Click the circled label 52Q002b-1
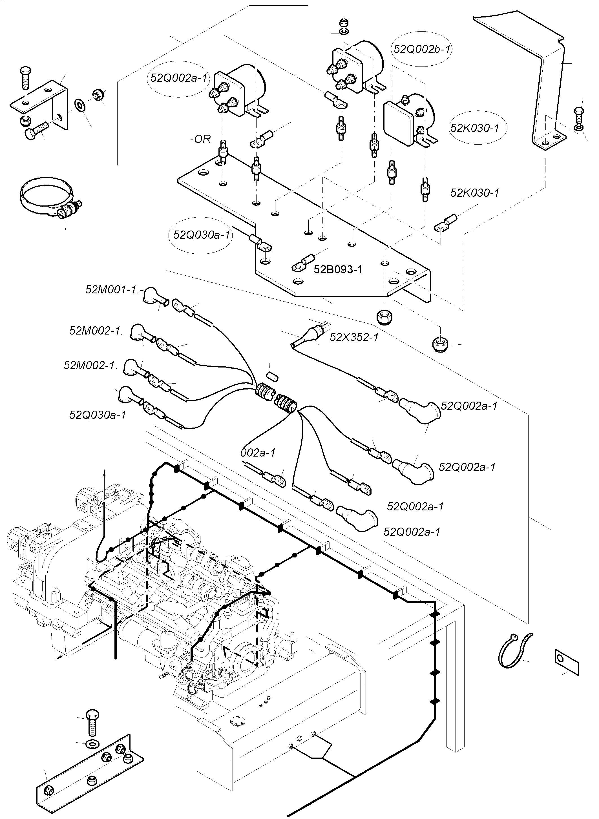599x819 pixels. tap(421, 49)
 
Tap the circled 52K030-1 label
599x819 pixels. tap(475, 128)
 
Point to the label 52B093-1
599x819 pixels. tap(338, 269)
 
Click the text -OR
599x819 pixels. tap(200, 139)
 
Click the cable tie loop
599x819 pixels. tap(514, 651)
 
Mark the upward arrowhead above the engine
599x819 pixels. tap(104, 472)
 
